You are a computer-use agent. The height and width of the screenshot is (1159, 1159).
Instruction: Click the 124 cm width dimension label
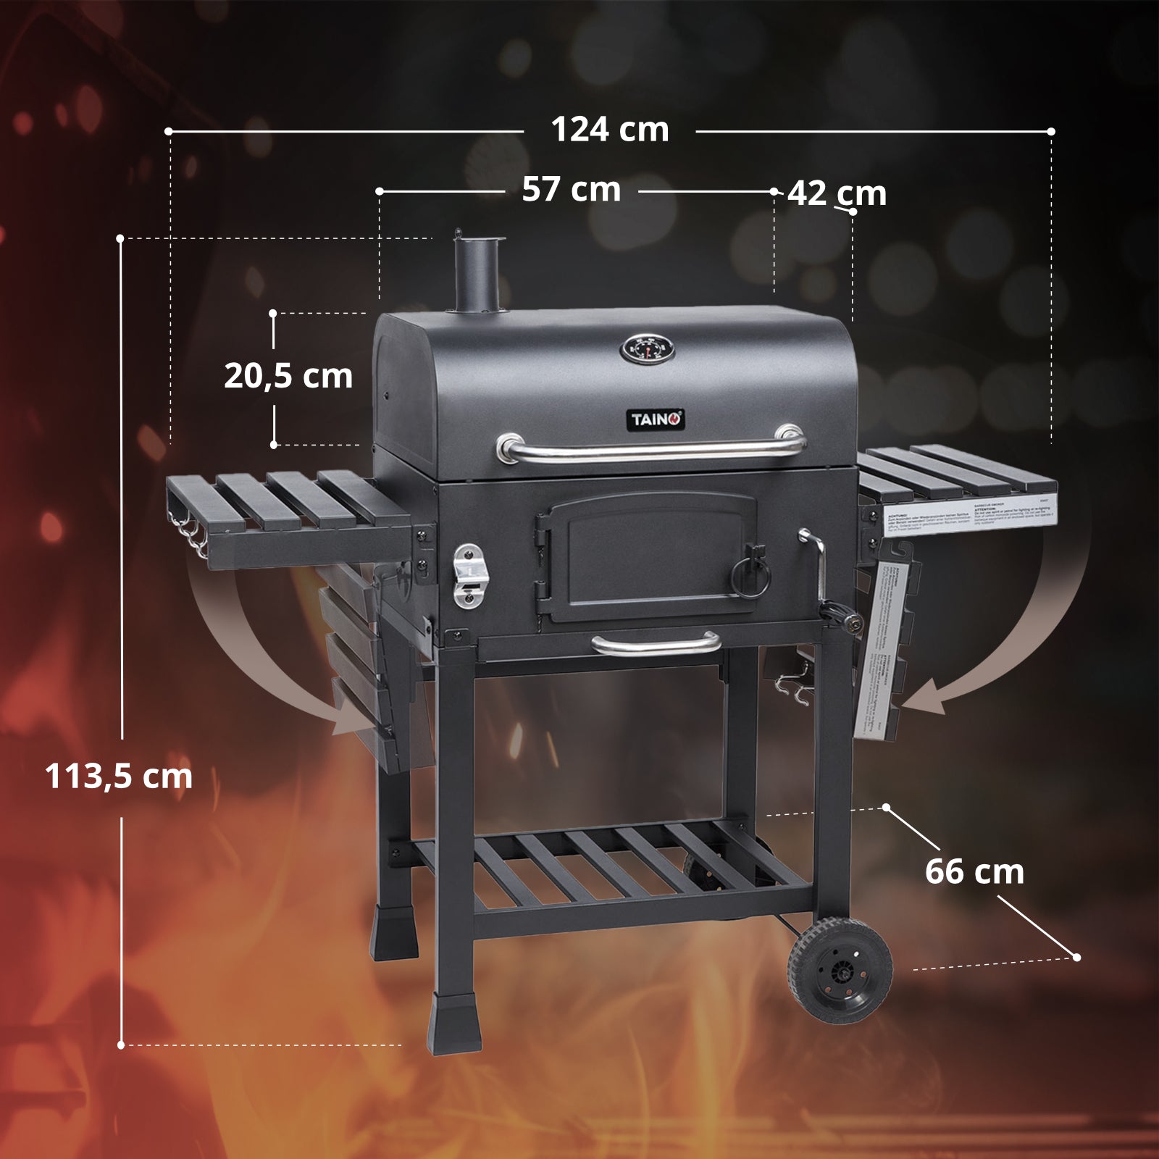pyautogui.click(x=610, y=130)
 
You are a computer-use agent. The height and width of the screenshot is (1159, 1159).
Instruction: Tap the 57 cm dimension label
pyautogui.click(x=572, y=190)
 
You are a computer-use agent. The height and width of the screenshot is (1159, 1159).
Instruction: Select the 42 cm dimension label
pyautogui.click(x=837, y=193)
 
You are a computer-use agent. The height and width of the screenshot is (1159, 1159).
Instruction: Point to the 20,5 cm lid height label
pyautogui.click(x=288, y=377)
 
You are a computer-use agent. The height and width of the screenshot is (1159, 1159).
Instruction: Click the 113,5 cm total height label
pyautogui.click(x=119, y=777)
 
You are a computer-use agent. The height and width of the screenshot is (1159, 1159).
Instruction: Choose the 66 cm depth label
pyautogui.click(x=974, y=871)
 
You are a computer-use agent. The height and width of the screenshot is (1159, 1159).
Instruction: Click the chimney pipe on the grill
pyautogui.click(x=476, y=275)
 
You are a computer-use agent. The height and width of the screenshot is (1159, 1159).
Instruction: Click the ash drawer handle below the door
pyautogui.click(x=656, y=642)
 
